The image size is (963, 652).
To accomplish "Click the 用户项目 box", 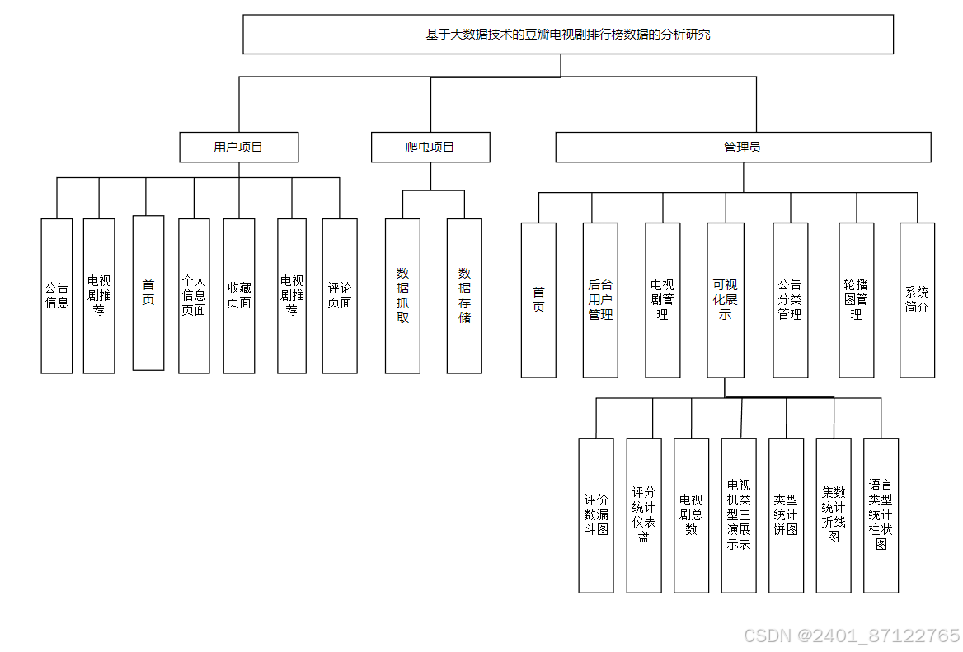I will pyautogui.click(x=239, y=148).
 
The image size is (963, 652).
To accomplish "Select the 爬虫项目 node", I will pyautogui.click(x=430, y=148).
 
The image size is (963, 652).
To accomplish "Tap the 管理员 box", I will pyautogui.click(x=743, y=148).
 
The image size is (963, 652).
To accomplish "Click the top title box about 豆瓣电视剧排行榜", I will pyautogui.click(x=568, y=35).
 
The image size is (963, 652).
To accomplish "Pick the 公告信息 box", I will pyautogui.click(x=57, y=296).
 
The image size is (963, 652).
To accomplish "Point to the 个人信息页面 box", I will pyautogui.click(x=194, y=296).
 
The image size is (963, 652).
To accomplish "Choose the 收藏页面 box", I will pyautogui.click(x=240, y=296).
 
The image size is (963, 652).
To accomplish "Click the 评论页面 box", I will pyautogui.click(x=340, y=296).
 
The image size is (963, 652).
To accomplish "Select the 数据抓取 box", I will pyautogui.click(x=402, y=296).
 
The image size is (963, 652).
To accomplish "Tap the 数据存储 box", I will pyautogui.click(x=464, y=296).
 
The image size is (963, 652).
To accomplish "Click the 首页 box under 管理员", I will pyautogui.click(x=538, y=300).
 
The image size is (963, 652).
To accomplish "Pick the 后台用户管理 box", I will pyautogui.click(x=600, y=300).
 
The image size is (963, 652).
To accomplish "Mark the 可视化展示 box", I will pyautogui.click(x=726, y=300).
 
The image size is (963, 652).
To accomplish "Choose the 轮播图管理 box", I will pyautogui.click(x=856, y=300).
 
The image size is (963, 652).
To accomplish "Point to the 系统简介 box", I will pyautogui.click(x=917, y=300).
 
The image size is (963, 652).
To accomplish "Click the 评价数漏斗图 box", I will pyautogui.click(x=596, y=515).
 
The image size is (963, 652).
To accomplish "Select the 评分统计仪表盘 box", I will pyautogui.click(x=644, y=515).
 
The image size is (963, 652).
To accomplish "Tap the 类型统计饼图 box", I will pyautogui.click(x=786, y=515).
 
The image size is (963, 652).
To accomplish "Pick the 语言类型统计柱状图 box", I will pyautogui.click(x=881, y=515).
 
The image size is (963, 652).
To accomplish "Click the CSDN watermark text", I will pyautogui.click(x=852, y=636).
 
